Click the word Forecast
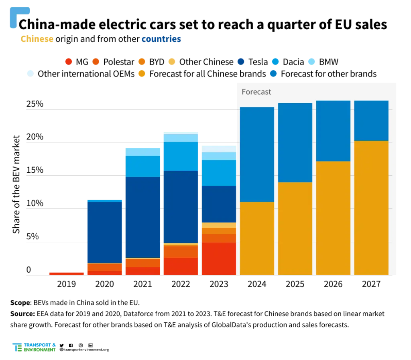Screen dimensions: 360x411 pyautogui.click(x=256, y=92)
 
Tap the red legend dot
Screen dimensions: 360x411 pyautogui.click(x=69, y=62)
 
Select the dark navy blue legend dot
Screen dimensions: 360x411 pyautogui.click(x=240, y=62)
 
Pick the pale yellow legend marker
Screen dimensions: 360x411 pyautogui.click(x=172, y=62)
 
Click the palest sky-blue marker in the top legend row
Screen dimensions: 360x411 pyautogui.click(x=311, y=62)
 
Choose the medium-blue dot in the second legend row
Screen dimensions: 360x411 pyautogui.click(x=274, y=73)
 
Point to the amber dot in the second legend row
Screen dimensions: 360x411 pyautogui.click(x=142, y=73)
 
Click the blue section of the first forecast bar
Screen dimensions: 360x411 pyautogui.click(x=257, y=154)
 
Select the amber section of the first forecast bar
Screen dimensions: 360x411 pyautogui.click(x=257, y=239)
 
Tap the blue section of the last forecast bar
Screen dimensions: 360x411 pyautogui.click(x=371, y=120)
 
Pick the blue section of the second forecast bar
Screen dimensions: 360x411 pyautogui.click(x=295, y=142)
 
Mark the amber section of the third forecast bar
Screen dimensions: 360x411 pyautogui.click(x=333, y=218)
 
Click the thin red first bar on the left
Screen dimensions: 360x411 pyautogui.click(x=66, y=273)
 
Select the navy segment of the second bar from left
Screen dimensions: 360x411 pyautogui.click(x=105, y=232)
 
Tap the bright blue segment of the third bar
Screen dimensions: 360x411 pyautogui.click(x=143, y=166)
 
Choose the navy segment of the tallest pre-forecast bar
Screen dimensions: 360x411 pyautogui.click(x=180, y=206)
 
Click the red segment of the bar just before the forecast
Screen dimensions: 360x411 pyautogui.click(x=219, y=259)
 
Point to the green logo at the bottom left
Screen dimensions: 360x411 pyautogui.click(x=34, y=348)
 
